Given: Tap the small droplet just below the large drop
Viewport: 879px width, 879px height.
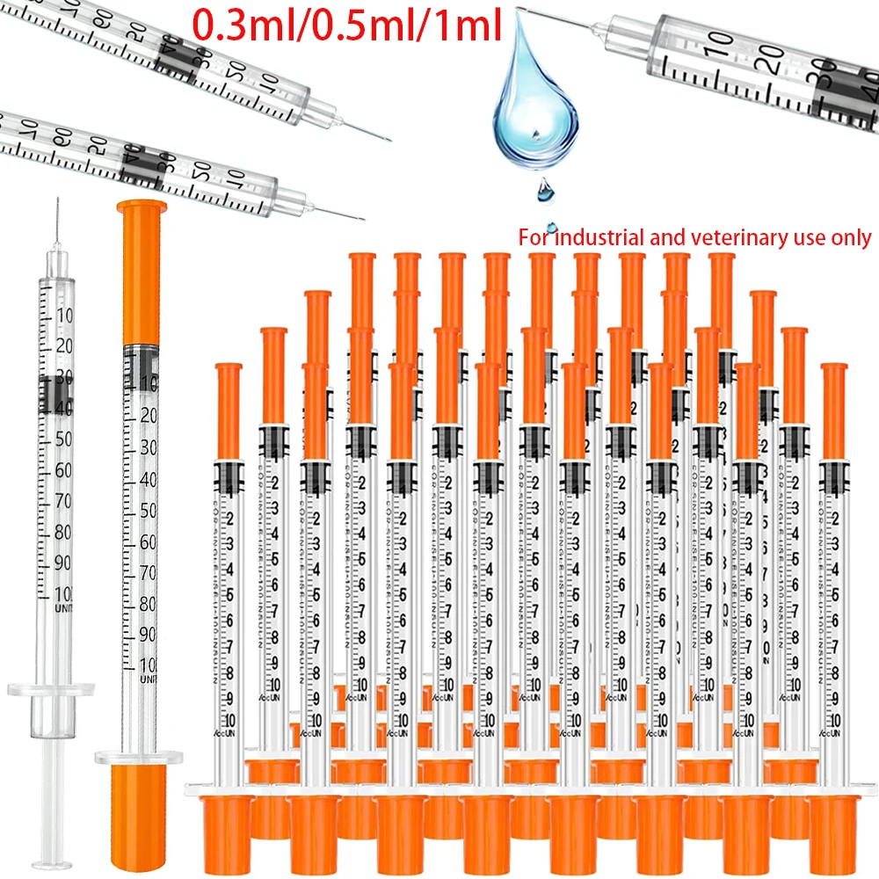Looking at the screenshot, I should (x=546, y=187).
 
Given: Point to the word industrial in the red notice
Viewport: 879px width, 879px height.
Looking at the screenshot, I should (x=599, y=237).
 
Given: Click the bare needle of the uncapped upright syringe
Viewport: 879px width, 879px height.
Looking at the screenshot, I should (x=56, y=220).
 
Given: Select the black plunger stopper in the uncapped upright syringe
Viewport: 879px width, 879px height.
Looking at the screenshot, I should (x=54, y=393).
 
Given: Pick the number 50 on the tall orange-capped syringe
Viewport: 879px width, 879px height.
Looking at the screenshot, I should (x=148, y=511).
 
